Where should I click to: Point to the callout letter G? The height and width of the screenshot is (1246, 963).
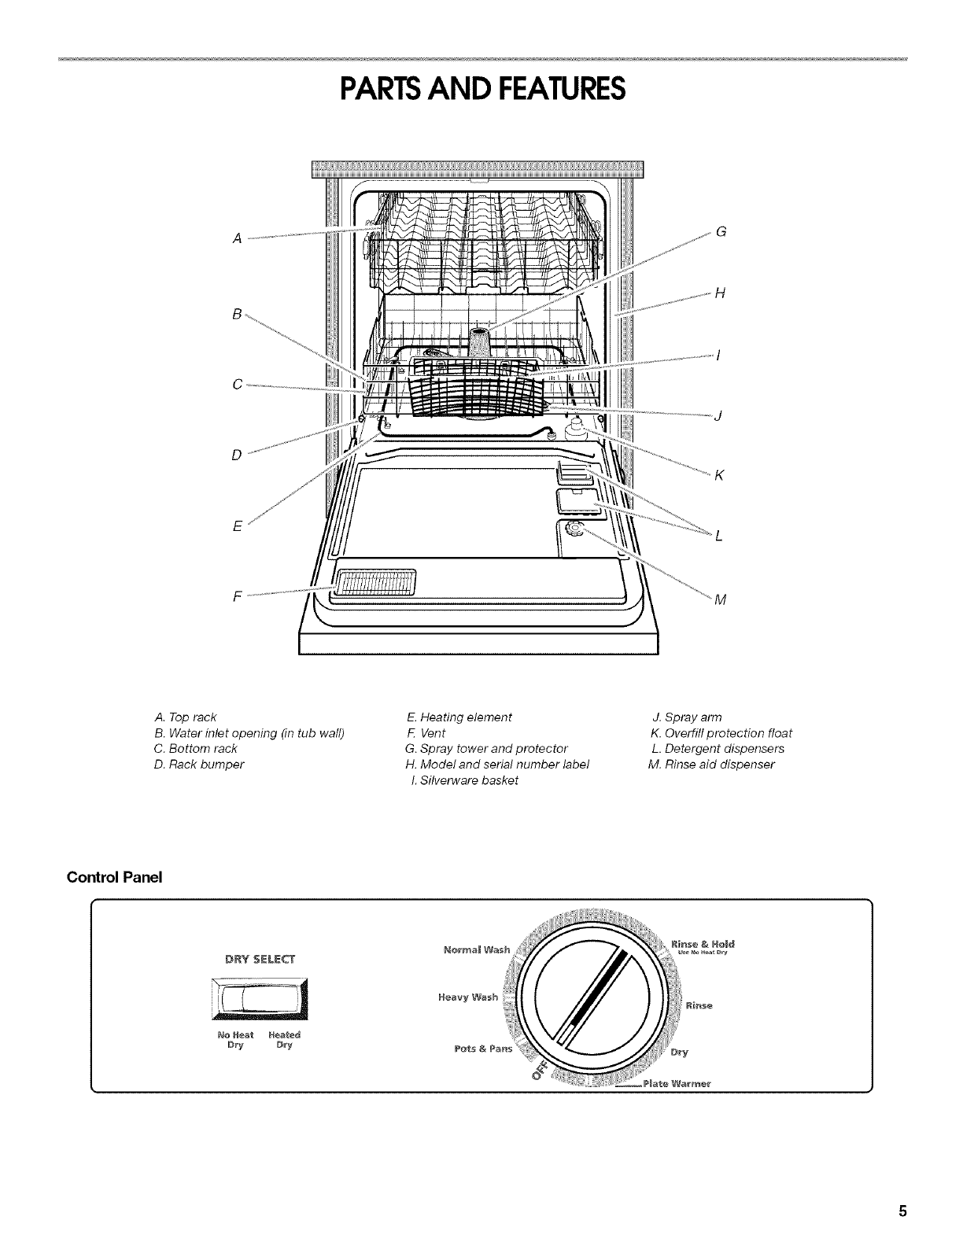(x=720, y=232)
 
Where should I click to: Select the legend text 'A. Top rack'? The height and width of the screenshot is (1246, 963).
(x=186, y=717)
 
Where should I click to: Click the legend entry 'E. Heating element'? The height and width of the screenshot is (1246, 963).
(x=459, y=717)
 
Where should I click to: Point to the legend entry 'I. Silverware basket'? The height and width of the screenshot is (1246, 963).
(x=464, y=780)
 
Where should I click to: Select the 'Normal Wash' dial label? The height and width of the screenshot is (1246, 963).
(x=477, y=949)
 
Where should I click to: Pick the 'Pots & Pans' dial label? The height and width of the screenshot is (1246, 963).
(x=483, y=1049)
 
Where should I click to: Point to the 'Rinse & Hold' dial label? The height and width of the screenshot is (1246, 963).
(x=703, y=943)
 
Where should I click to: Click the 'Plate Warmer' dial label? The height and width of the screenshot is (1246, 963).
(x=677, y=1083)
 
